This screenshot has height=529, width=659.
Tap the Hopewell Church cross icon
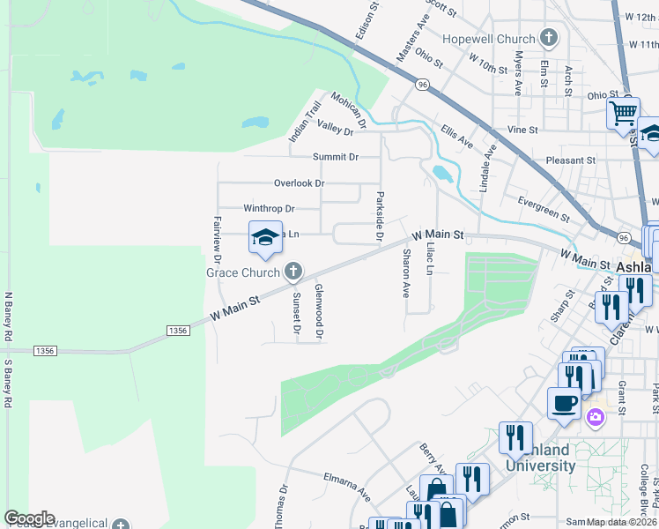pos(550,38)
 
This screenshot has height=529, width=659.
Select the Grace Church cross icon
pos(293,272)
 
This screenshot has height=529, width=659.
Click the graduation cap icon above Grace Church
pos(264,235)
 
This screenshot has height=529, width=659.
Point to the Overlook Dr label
pos(300,183)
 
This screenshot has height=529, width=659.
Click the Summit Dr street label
pos(336,157)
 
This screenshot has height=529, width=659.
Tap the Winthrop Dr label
pos(269,209)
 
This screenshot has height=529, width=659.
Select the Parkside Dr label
pos(380,216)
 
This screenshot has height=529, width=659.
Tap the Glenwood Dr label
pos(320,310)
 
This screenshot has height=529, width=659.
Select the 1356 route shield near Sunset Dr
pos(177,330)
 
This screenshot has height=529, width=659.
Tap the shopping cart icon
pos(623,112)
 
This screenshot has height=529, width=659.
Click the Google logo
pos(29,518)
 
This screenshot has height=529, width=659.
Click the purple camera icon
pos(596,417)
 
